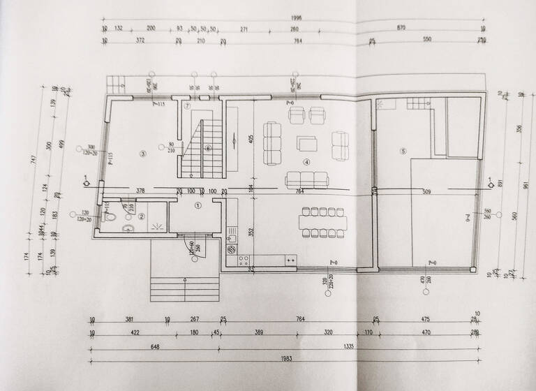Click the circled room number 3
pyautogui.click(x=142, y=153)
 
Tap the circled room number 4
pyautogui.click(x=305, y=163)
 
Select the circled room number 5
pyautogui.click(x=402, y=151)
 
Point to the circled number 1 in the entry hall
pyautogui.click(x=197, y=206)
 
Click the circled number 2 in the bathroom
pyautogui.click(x=141, y=216)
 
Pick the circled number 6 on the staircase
pyautogui.click(x=208, y=148)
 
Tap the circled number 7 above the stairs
pyautogui.click(x=187, y=107)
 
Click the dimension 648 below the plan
pyautogui.click(x=155, y=346)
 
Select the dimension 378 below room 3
pyautogui.click(x=140, y=190)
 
